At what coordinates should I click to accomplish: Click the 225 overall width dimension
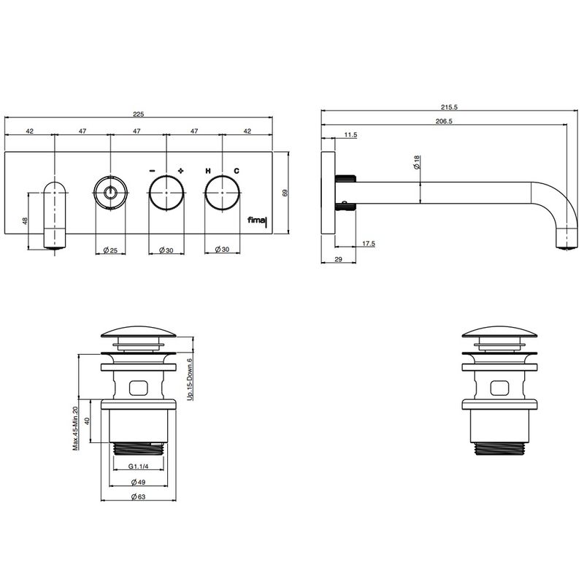click(x=139, y=114)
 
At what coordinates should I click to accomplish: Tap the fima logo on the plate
click(x=258, y=221)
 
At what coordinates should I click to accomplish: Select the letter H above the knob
click(x=208, y=171)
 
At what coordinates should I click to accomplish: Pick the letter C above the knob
click(x=237, y=171)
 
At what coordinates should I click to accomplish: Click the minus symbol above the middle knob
click(x=152, y=171)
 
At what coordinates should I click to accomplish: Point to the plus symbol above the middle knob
click(x=180, y=171)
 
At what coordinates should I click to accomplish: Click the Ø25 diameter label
click(x=110, y=250)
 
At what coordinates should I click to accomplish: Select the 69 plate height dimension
click(x=285, y=193)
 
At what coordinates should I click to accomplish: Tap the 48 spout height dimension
click(x=25, y=221)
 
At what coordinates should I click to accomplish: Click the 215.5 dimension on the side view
click(x=449, y=107)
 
